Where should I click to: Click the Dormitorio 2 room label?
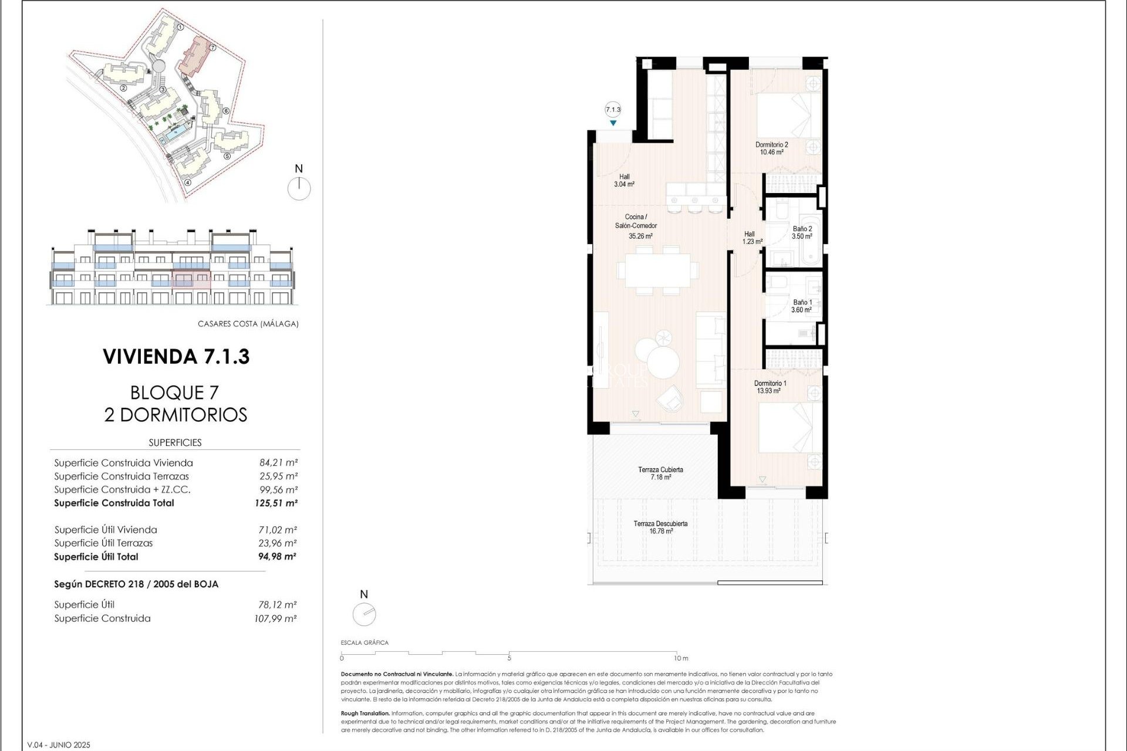(771, 148)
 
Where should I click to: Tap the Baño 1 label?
(802, 306)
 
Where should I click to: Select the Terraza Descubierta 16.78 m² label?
(660, 527)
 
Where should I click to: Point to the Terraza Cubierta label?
(660, 473)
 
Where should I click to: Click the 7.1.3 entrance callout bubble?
(613, 110)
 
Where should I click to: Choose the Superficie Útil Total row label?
(96, 557)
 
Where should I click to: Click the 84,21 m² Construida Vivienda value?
(278, 462)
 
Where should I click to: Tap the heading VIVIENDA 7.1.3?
(176, 356)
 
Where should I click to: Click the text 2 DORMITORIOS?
(176, 415)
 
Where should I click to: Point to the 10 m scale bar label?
(681, 658)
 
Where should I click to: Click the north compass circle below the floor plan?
(364, 614)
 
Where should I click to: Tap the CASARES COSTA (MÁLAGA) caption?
(248, 324)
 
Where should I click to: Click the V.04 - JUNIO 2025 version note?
(59, 745)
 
